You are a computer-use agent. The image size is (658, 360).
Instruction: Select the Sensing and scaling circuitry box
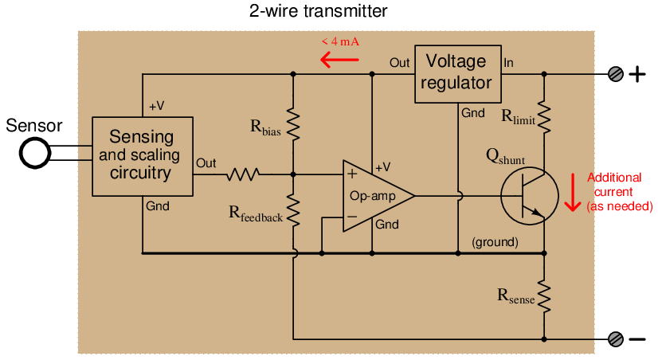coord(143,155)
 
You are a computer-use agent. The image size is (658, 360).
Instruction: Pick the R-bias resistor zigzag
coord(293,123)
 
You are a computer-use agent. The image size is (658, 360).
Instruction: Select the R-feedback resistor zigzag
coord(293,210)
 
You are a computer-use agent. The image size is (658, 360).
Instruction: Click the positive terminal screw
coord(615,75)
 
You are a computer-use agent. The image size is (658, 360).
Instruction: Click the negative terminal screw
coord(615,338)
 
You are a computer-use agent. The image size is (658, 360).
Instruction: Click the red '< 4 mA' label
coord(340,41)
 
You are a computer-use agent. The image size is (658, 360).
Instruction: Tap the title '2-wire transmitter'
coord(319,11)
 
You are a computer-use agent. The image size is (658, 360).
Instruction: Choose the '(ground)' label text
coord(495,241)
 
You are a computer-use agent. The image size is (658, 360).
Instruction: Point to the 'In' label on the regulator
coord(509,62)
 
